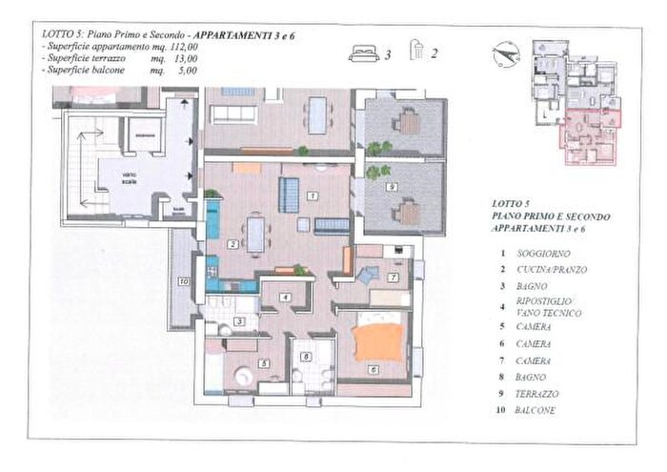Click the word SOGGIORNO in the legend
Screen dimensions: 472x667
[543, 253]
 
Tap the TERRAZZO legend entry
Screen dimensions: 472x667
[538, 393]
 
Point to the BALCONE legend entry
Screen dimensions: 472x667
[536, 410]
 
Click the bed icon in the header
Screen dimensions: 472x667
[364, 54]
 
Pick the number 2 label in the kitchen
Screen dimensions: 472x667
[232, 244]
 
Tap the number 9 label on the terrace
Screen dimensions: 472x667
[392, 188]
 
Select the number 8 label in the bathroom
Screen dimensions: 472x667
[305, 357]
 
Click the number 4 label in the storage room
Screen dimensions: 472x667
[285, 298]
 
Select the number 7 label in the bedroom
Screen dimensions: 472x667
[392, 277]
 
